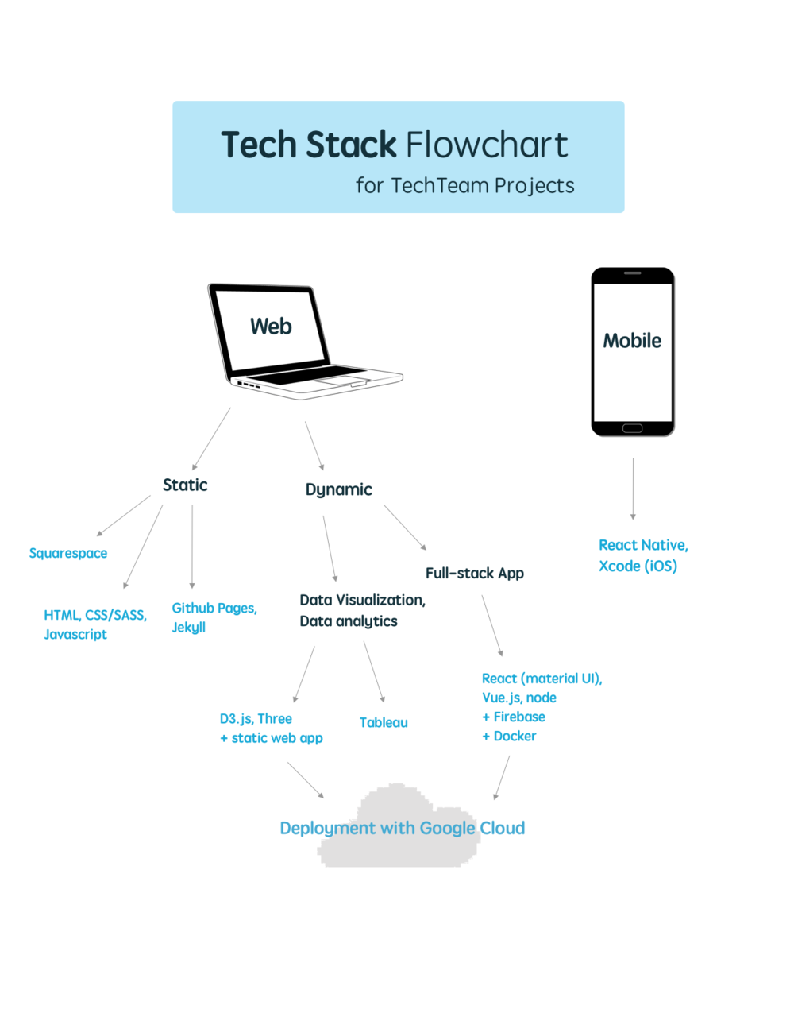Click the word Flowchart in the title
(487, 145)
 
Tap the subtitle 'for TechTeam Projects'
(464, 186)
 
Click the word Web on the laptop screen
(271, 327)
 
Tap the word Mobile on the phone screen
(632, 341)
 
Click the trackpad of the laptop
(340, 383)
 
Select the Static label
(185, 485)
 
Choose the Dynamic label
(338, 489)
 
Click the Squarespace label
(68, 553)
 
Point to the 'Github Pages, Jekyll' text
(214, 617)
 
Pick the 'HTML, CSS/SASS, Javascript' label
(94, 624)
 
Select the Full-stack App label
(474, 573)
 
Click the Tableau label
(384, 722)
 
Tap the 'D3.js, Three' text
(256, 719)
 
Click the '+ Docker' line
(509, 737)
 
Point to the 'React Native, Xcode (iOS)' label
(642, 555)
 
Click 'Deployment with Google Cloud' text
(402, 828)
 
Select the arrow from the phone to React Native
(633, 488)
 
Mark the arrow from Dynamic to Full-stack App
(405, 527)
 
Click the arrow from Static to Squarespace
(124, 516)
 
